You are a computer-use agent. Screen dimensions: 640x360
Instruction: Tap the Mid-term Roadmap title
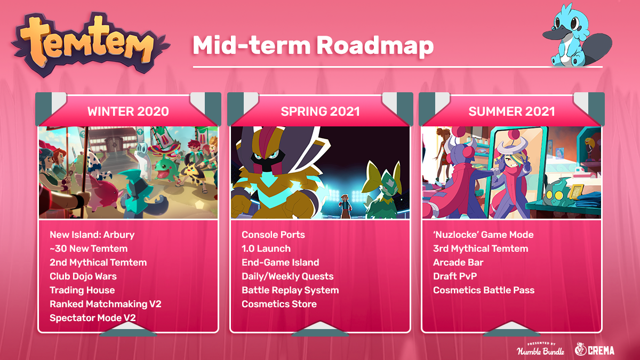pyautogui.click(x=313, y=46)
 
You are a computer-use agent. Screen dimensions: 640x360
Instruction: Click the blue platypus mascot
pyautogui.click(x=577, y=36)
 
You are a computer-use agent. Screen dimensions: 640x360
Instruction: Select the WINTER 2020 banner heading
pyautogui.click(x=128, y=111)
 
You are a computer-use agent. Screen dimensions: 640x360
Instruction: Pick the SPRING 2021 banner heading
pyautogui.click(x=320, y=111)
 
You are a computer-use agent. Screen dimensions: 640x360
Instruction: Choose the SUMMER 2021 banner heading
pyautogui.click(x=511, y=111)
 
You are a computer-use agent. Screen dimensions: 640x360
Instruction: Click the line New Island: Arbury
pyautogui.click(x=92, y=235)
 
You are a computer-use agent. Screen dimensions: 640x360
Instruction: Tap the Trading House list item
pyautogui.click(x=82, y=290)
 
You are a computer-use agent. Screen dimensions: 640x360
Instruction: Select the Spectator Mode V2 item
pyautogui.click(x=93, y=318)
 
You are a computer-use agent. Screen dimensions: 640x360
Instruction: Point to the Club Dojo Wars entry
pyautogui.click(x=83, y=276)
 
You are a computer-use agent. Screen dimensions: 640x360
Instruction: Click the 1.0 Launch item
pyautogui.click(x=266, y=249)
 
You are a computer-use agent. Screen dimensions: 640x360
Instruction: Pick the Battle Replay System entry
pyautogui.click(x=290, y=290)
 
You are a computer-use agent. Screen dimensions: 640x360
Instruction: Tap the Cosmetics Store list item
pyautogui.click(x=279, y=304)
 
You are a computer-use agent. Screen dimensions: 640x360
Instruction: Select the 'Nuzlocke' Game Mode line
pyautogui.click(x=483, y=235)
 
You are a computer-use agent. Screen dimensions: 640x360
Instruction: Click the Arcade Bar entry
pyautogui.click(x=458, y=262)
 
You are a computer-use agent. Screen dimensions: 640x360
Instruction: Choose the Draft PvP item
pyautogui.click(x=455, y=276)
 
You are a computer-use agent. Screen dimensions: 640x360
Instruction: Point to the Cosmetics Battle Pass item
pyautogui.click(x=484, y=290)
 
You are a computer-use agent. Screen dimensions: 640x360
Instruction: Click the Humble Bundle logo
pyautogui.click(x=541, y=349)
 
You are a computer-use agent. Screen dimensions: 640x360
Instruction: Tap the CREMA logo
pyautogui.click(x=595, y=349)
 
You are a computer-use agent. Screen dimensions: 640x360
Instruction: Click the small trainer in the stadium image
pyautogui.click(x=346, y=206)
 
